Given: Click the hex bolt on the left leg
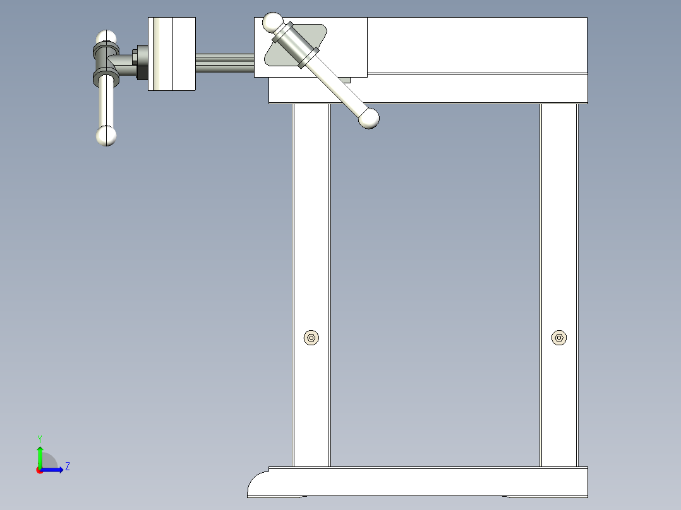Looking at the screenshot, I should coord(311,338).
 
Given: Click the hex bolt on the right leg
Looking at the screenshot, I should coord(559,338).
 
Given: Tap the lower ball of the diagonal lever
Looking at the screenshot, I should coord(369,118).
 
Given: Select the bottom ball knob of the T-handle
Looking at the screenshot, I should coord(106,136).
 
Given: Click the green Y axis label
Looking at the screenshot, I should coord(39,438).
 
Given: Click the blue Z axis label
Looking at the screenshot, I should coord(67,466).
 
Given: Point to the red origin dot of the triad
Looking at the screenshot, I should coord(39,470).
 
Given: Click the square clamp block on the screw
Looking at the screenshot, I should coord(171,54).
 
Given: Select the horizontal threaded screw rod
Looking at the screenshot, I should coord(224,63).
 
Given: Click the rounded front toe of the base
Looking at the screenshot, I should coord(257,485).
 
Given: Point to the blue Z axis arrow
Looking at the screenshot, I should coord(54,470).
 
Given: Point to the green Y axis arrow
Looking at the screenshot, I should coord(39,454).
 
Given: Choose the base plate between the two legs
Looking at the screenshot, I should coord(436,481).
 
